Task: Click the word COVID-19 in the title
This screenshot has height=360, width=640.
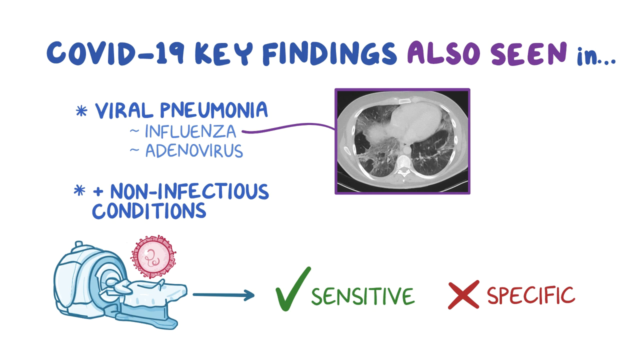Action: coord(115,53)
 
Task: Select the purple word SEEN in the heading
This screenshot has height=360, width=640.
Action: coord(529,53)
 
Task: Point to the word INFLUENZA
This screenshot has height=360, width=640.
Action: coord(190,131)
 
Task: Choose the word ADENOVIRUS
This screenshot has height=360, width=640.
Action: coord(194,150)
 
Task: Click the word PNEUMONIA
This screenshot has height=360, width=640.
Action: coord(214,109)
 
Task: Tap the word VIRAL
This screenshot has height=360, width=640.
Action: coord(124,110)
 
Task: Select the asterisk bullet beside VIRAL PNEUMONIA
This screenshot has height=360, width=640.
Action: coord(81,111)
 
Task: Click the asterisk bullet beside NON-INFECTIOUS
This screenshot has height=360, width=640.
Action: coord(79,190)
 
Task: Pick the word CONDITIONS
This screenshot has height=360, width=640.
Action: coord(149,211)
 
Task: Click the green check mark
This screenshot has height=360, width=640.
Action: coord(292,288)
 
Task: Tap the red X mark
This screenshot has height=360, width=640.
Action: coord(463,294)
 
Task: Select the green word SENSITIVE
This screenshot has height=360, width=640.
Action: coord(363,296)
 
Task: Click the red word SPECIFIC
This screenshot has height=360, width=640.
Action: coord(531,295)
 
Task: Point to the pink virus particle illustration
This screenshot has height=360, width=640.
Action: coord(153,256)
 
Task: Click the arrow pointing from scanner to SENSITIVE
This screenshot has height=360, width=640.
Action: coord(223,295)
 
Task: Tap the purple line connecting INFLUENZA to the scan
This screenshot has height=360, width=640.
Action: coord(288,126)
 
